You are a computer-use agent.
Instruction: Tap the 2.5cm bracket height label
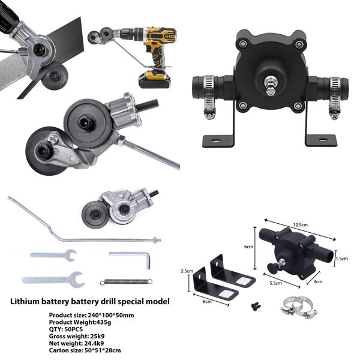(x=187, y=271)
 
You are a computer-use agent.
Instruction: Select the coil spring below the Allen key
(x=124, y=281)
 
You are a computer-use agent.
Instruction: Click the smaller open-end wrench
(x=52, y=254)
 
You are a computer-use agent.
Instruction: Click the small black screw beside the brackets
(x=254, y=305)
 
